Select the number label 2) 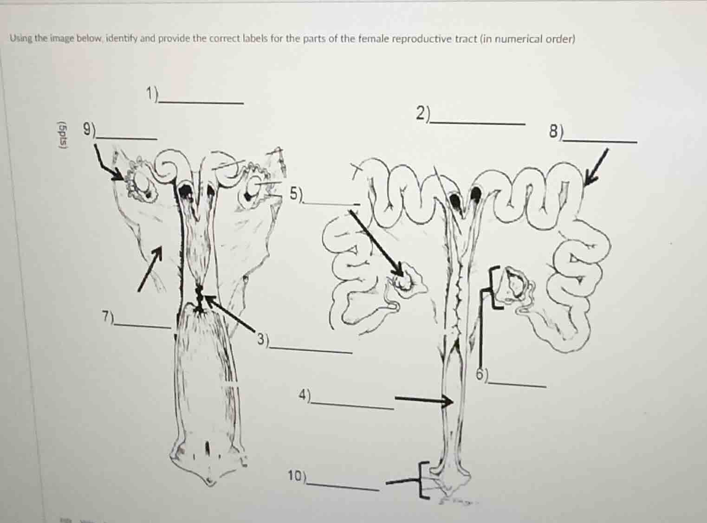point(422,114)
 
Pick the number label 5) point(296,194)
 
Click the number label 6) point(483,374)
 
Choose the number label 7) point(108,316)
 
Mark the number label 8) point(555,132)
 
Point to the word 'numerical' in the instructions point(515,39)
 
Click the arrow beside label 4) point(423,399)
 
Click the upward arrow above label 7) point(150,268)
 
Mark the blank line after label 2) point(478,123)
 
